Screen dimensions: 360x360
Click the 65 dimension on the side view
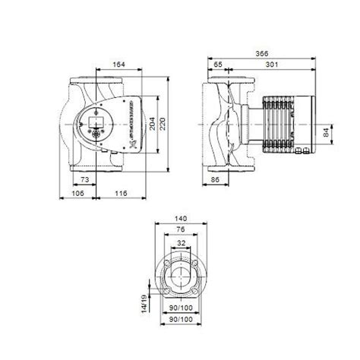click(x=219, y=65)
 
